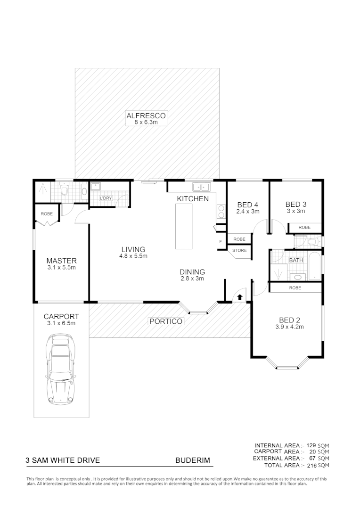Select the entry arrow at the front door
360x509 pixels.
(x=240, y=297)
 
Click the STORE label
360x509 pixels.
(x=239, y=250)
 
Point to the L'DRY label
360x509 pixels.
(x=106, y=198)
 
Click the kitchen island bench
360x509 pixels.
(x=184, y=227)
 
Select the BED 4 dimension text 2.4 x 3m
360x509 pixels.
(x=248, y=212)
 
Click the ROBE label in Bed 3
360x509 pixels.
(x=305, y=227)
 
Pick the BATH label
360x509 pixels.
(x=296, y=260)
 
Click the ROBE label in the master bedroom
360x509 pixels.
(x=47, y=213)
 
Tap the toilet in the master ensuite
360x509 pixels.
(x=66, y=191)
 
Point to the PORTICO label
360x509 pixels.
(x=165, y=321)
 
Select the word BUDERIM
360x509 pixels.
(x=193, y=460)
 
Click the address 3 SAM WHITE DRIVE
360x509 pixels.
(x=63, y=460)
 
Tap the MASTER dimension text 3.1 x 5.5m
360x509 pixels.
(x=61, y=267)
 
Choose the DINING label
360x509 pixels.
(x=192, y=272)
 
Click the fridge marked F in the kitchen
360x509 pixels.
(x=220, y=242)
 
